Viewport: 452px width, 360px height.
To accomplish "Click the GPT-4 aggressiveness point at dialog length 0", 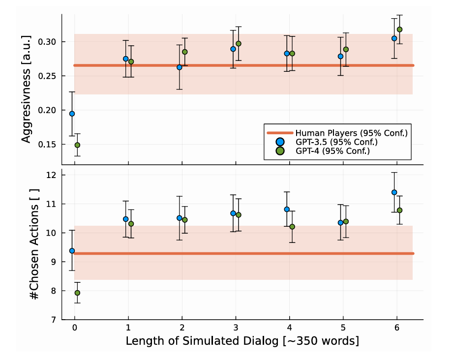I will click(77, 145).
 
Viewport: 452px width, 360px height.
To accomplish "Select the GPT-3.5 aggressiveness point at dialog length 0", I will click(72, 114).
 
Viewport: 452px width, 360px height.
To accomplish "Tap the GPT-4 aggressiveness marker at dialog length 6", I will click(399, 30).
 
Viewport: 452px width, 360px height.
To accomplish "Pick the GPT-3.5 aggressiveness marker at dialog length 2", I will click(180, 67).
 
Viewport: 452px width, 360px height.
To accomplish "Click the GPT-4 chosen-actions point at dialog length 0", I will click(77, 293).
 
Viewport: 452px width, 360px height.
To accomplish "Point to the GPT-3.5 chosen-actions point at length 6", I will click(394, 192).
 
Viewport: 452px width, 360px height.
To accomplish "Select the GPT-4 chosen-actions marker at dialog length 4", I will click(292, 227).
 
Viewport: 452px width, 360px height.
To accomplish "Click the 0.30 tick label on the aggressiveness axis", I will click(47, 42).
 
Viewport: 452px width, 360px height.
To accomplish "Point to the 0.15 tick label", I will click(47, 145).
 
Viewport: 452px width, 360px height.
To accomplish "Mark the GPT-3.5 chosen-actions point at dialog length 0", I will click(72, 250).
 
